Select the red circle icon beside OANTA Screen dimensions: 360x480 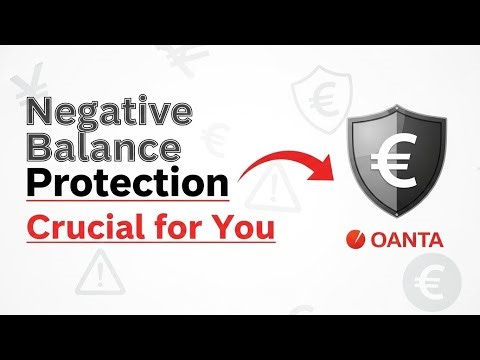[352, 241]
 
